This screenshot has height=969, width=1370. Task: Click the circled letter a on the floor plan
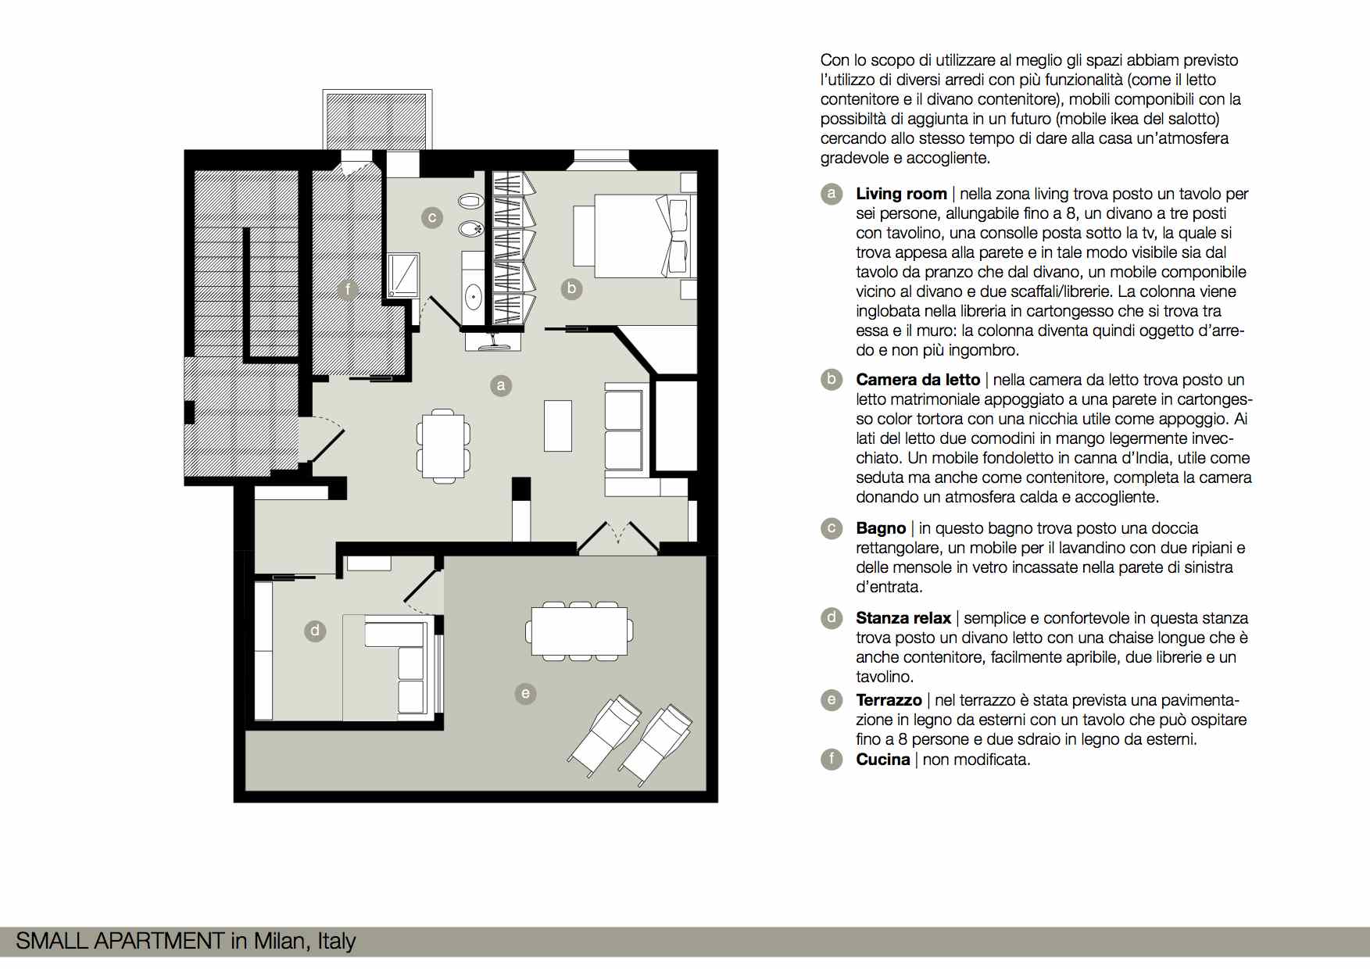(501, 385)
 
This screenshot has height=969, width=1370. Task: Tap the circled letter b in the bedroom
(572, 288)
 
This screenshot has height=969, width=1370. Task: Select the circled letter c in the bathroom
(432, 218)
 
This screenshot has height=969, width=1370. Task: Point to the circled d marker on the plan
(315, 631)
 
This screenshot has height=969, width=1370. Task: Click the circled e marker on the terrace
(525, 693)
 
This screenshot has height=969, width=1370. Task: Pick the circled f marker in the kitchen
(348, 290)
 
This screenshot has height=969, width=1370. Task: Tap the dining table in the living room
(443, 445)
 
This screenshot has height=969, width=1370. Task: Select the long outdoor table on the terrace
(580, 631)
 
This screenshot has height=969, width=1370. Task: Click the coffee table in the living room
(558, 426)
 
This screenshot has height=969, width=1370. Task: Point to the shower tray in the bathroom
(403, 274)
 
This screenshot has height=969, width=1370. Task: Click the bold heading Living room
(901, 194)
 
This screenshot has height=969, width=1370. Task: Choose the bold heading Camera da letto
(918, 380)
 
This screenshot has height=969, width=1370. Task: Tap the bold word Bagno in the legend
(881, 528)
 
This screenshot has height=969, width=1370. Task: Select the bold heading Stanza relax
(903, 618)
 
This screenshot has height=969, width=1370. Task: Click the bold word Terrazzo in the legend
(889, 700)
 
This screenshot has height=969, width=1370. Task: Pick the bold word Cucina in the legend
(883, 760)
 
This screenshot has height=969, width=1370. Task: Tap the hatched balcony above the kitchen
(377, 120)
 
